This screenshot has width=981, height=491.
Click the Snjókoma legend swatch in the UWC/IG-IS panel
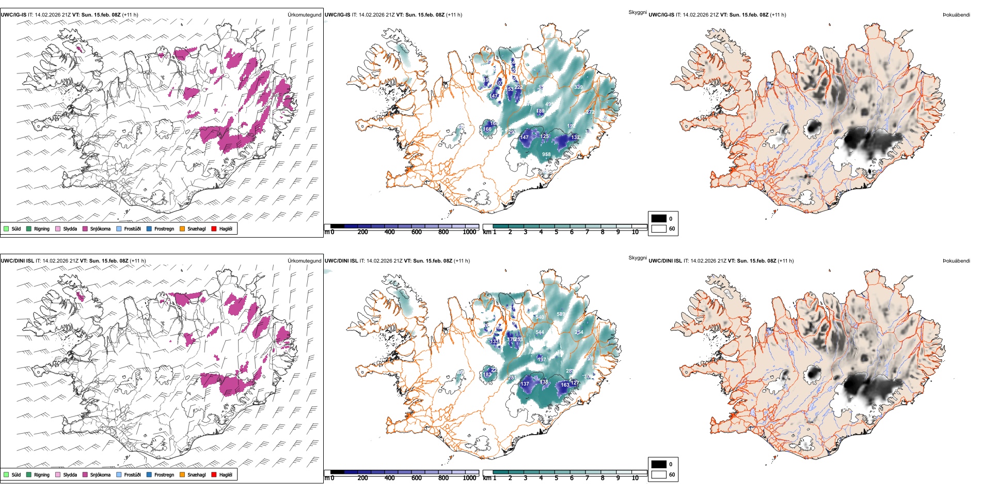[x=85, y=228]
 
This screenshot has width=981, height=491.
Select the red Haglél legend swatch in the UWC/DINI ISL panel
[x=214, y=474]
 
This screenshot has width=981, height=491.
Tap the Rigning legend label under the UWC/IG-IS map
[x=42, y=228]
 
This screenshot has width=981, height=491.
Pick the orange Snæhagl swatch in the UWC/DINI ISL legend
[x=182, y=474]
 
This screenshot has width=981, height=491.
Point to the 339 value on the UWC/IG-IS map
[x=578, y=87]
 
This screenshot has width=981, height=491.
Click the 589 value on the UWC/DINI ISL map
[x=561, y=314]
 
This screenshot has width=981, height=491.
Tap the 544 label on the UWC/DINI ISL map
[x=540, y=332]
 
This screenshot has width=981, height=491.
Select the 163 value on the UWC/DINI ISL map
[x=565, y=385]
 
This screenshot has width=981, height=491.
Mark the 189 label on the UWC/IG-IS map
[x=540, y=111]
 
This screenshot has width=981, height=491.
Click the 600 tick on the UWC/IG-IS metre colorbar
[x=417, y=232]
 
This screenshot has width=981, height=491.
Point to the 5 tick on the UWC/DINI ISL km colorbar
[x=557, y=478]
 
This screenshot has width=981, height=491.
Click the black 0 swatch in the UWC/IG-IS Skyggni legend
[x=659, y=219]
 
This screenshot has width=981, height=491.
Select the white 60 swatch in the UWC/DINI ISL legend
[x=659, y=474]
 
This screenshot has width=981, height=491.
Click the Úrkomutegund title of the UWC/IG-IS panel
[x=304, y=15]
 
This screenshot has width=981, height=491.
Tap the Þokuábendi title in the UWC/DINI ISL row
[x=956, y=260]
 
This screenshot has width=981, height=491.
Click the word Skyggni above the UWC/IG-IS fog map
[x=637, y=12]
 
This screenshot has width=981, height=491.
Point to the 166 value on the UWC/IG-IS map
[x=487, y=129]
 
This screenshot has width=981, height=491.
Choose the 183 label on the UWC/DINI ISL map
[x=487, y=375]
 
